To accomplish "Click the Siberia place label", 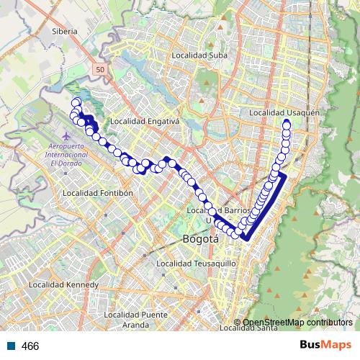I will (64, 32).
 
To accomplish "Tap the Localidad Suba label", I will (199, 55).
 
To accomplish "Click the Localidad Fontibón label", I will (99, 193).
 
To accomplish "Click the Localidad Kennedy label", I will (63, 285).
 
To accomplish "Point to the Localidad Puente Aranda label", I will (135, 320).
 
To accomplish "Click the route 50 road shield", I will (102, 68).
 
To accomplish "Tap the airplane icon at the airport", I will (68, 135).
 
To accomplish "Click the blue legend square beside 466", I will (12, 346).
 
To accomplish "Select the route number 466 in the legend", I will (30, 346).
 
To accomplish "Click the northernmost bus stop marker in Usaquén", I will (287, 124).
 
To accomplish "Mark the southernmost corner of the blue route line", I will (246, 238).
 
